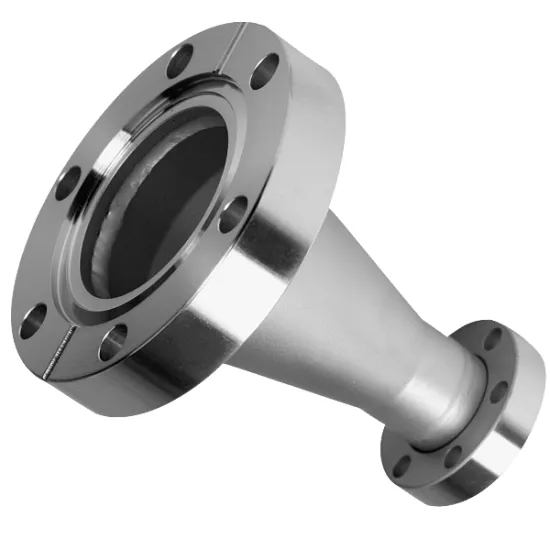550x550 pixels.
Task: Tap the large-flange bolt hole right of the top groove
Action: click(x=266, y=73)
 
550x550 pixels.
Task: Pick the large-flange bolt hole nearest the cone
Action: click(x=233, y=212)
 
